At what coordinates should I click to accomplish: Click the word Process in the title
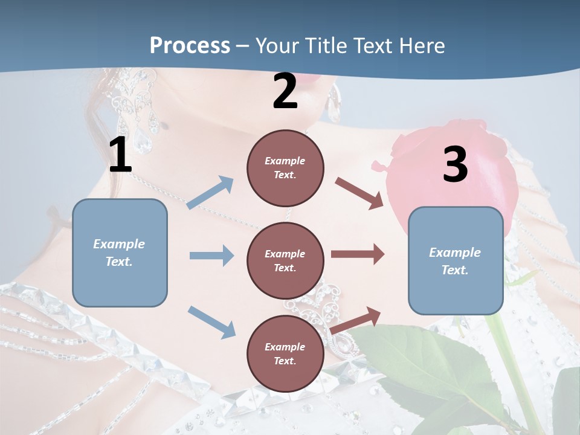[x=190, y=45]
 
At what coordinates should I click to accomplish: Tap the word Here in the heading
[x=422, y=45]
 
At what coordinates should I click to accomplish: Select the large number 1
[x=120, y=155]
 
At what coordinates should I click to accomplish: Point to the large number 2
[x=285, y=91]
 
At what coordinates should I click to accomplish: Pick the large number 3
[x=455, y=164]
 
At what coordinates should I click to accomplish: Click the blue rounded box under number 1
[x=120, y=253]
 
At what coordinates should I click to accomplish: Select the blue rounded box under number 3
[x=456, y=261]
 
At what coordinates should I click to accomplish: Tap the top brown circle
[x=285, y=168]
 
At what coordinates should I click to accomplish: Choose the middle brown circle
[x=285, y=260]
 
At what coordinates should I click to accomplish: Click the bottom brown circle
[x=285, y=353]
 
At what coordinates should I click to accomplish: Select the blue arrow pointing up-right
[x=210, y=193]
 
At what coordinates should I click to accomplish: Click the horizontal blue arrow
[x=211, y=256]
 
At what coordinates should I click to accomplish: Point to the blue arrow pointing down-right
[x=211, y=322]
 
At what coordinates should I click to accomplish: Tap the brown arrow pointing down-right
[x=359, y=193]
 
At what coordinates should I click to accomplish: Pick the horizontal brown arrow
[x=358, y=254]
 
